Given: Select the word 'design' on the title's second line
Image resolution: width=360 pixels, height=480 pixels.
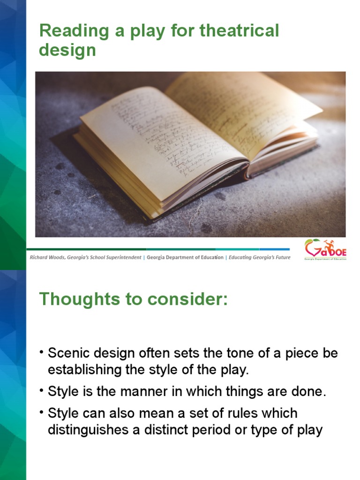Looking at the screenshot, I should (67, 50).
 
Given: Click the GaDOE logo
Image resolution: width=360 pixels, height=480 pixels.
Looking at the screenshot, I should (325, 249).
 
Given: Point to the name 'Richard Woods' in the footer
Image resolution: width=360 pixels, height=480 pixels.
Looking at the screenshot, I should (50, 257).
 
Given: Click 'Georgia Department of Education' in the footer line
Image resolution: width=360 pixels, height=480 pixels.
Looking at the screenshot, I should (185, 257).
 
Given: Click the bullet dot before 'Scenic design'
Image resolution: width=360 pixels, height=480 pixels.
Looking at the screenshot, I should (42, 352).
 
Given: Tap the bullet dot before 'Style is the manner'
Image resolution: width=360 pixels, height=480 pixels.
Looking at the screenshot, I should (42, 391).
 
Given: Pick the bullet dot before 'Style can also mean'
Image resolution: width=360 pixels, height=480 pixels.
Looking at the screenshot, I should (42, 412).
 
